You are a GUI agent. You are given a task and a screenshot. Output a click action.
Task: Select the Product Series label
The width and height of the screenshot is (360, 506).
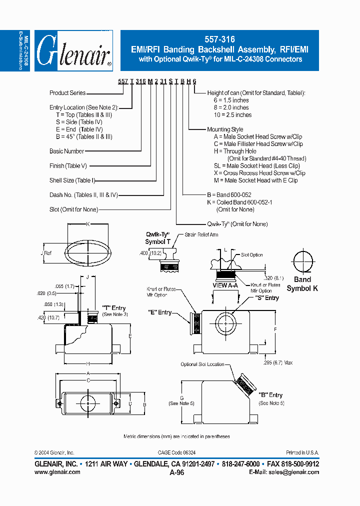click(67, 93)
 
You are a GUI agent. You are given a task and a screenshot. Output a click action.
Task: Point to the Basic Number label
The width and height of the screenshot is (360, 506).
click(67, 151)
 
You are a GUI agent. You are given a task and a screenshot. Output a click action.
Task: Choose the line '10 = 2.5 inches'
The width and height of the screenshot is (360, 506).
click(232, 115)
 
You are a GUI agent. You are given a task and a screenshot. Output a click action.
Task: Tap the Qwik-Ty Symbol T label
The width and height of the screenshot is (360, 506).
click(158, 238)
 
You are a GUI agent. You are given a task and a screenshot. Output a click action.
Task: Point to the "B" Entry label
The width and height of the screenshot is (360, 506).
click(270, 395)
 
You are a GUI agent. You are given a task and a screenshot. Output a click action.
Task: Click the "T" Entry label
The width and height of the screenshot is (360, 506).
click(114, 308)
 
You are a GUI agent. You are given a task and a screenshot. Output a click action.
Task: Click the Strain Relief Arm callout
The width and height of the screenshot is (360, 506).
click(201, 234)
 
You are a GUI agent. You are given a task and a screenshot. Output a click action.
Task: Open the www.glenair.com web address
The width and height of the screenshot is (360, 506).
click(57, 472)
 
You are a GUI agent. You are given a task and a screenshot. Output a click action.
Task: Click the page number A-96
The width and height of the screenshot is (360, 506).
click(177, 472)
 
